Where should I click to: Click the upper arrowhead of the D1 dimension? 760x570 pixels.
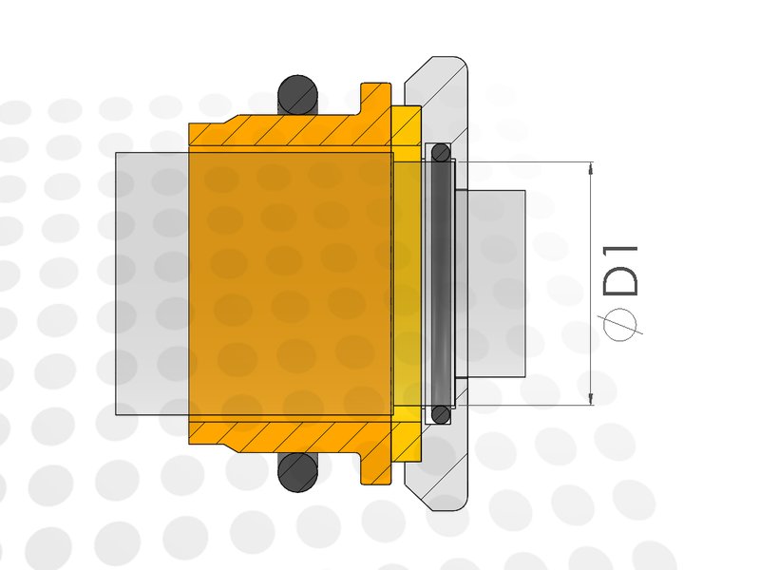tap(590, 168)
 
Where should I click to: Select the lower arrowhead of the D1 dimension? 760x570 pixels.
tap(590, 399)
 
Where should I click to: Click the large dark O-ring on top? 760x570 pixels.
tap(297, 95)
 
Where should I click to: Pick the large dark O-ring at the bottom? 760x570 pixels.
tap(297, 472)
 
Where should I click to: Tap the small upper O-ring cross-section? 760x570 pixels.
tap(441, 153)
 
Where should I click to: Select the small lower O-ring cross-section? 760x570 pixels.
tap(441, 414)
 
